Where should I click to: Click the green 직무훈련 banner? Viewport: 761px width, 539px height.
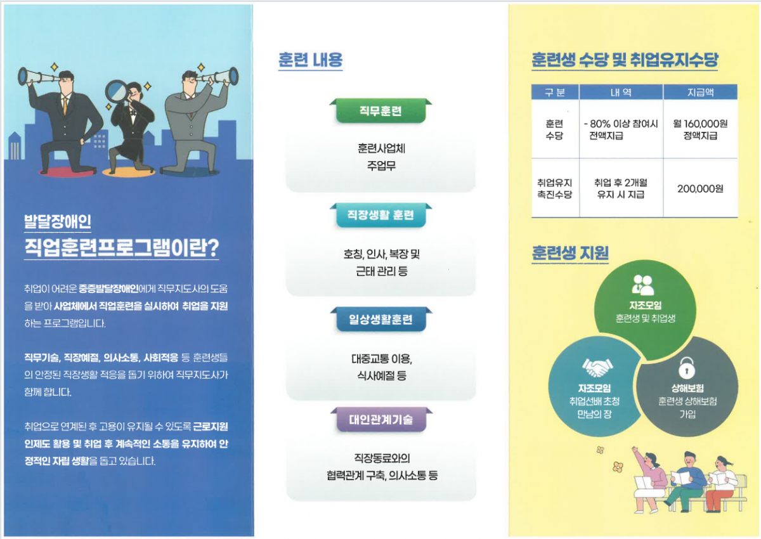pos(380,111)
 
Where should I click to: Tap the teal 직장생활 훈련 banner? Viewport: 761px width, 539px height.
pos(380,215)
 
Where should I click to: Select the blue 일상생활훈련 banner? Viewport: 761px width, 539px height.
pos(381,319)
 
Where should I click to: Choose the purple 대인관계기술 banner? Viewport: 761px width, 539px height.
pos(381,420)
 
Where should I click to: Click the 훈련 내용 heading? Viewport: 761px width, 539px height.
pos(310,60)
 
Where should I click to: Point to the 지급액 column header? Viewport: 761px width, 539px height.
pos(700,93)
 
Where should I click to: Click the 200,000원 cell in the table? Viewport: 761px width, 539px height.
pos(700,188)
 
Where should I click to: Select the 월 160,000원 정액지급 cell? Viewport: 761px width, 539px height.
pos(700,129)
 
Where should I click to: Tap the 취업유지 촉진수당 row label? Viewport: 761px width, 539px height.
pos(554,188)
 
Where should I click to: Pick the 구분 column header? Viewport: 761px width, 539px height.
pos(555,93)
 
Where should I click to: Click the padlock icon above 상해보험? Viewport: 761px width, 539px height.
pos(687,368)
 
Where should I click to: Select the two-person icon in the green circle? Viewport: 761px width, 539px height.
pos(643,285)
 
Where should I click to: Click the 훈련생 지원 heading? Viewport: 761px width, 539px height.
pos(570,253)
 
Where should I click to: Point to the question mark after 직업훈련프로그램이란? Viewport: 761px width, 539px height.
pos(212,248)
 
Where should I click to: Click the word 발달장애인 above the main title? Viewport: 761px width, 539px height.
pos(58,222)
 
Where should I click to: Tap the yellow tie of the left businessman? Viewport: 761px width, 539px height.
pos(65,105)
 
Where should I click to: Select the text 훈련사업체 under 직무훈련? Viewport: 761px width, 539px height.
pos(381,148)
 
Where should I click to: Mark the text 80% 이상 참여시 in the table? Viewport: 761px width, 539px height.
pos(624,124)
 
